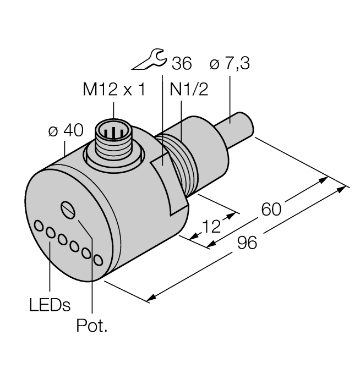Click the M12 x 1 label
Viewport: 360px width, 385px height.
[114, 90]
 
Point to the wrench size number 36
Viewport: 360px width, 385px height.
[181, 64]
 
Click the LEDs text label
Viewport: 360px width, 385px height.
[50, 304]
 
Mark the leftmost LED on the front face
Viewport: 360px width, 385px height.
[39, 225]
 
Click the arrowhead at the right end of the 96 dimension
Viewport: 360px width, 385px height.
[345, 189]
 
